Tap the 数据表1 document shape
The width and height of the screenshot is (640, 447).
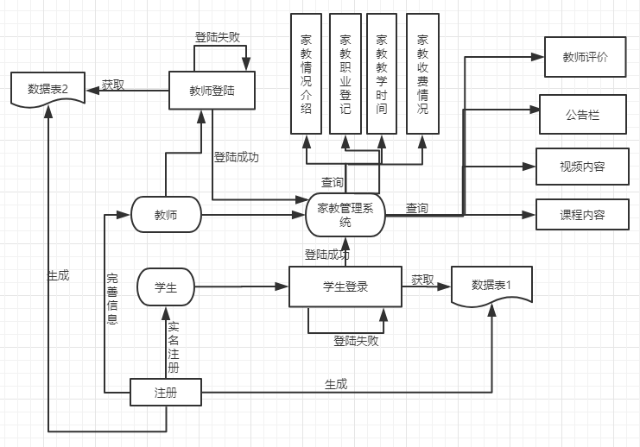pyautogui.click(x=491, y=286)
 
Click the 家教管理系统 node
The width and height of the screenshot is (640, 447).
pyautogui.click(x=345, y=214)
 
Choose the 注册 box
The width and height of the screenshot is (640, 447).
pyautogui.click(x=165, y=393)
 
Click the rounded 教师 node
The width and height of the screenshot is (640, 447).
pyautogui.click(x=166, y=215)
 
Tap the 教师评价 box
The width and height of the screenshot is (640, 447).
pyautogui.click(x=586, y=58)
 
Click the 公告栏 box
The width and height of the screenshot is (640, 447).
pyautogui.click(x=582, y=114)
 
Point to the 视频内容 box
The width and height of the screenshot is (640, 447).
pyautogui.click(x=582, y=167)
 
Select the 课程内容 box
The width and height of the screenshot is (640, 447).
pyautogui.click(x=582, y=214)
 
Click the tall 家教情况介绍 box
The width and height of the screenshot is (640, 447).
pyautogui.click(x=306, y=73)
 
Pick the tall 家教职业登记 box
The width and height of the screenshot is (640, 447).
pyautogui.click(x=345, y=73)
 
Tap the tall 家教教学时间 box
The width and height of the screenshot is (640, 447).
pyautogui.click(x=382, y=73)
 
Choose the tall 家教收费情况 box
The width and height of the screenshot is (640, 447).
pyautogui.click(x=421, y=73)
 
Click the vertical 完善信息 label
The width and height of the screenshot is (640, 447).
pyautogui.click(x=112, y=299)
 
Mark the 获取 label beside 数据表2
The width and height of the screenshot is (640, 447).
pyautogui.click(x=112, y=85)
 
